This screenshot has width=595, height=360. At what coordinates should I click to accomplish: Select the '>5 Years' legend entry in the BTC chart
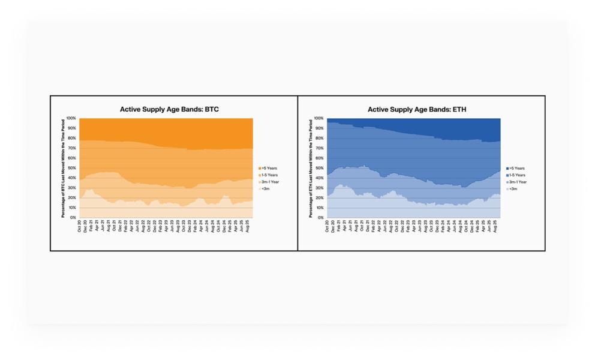268,169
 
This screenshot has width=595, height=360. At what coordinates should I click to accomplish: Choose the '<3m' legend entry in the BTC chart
265,189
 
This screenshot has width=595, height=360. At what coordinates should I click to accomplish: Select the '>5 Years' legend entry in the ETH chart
516,169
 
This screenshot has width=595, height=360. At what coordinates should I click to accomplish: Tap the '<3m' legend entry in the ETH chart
513,189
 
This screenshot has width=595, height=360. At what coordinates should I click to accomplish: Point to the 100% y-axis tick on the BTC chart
71,119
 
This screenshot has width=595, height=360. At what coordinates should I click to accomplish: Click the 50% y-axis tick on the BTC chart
73,168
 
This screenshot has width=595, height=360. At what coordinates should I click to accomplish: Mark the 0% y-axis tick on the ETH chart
321,218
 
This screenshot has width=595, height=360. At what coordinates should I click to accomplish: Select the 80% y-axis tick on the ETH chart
320,139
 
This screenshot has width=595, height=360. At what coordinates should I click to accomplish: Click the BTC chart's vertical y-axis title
63,168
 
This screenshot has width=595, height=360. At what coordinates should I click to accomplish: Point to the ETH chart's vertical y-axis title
311,168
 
